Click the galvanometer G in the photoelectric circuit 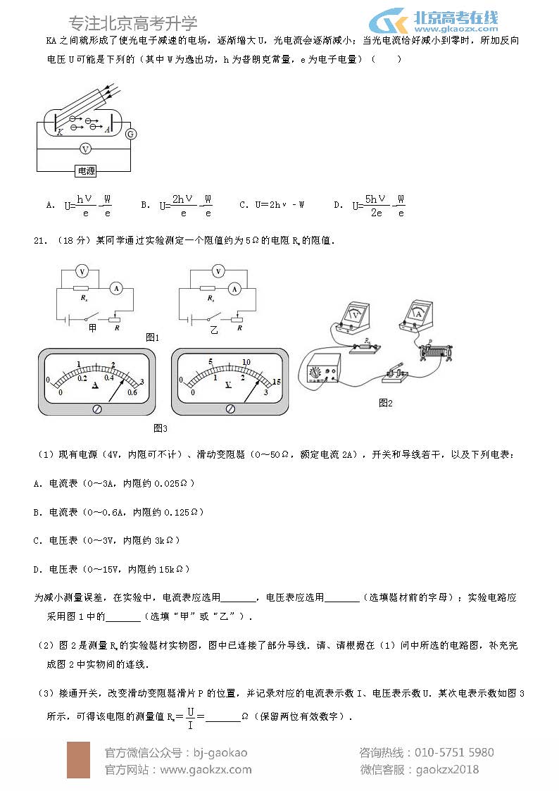point(130,134)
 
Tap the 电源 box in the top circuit point(86,170)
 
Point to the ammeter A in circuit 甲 point(118,287)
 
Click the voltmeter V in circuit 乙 point(218,271)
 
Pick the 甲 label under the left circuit point(92,328)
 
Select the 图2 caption point(385,403)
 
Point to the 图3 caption point(160,428)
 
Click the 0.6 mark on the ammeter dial point(131,392)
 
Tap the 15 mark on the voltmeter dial point(277,381)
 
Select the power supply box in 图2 point(322,369)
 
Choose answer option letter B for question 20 point(144,205)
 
